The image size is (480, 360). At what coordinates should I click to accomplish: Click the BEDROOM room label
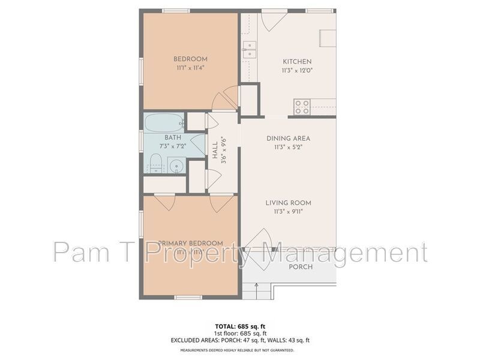point(190,59)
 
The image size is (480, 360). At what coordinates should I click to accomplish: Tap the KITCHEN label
point(297,62)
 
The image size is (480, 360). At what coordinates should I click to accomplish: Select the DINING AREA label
point(289,139)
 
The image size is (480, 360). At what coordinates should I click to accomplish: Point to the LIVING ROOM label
point(289,203)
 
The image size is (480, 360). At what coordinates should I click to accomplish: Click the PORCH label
point(301,266)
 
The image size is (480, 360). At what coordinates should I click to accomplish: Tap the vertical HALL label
point(214,150)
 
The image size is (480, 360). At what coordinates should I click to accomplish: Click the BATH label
point(164,137)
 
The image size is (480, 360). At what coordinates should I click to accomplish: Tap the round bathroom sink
point(175,164)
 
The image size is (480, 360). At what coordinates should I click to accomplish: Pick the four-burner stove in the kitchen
point(302,107)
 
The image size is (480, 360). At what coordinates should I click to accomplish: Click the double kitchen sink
point(250,51)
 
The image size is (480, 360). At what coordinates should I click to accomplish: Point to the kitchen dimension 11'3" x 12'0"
point(297,70)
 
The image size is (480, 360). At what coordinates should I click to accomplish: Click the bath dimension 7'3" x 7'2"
point(164,146)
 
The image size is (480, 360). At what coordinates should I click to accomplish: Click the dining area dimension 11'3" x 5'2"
point(289,147)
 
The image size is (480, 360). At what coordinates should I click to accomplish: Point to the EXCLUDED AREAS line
point(240,340)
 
